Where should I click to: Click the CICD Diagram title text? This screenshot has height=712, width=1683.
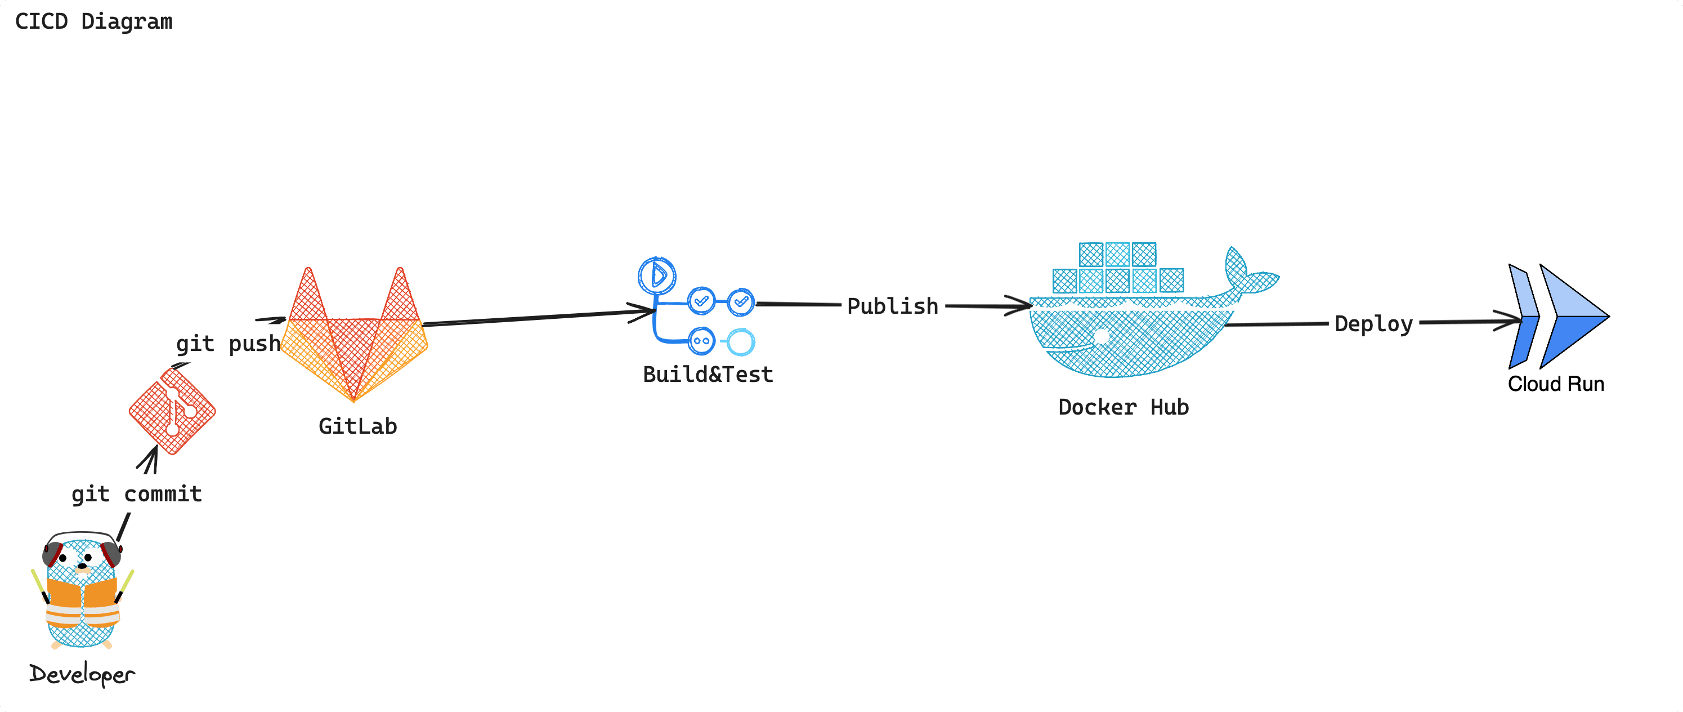(x=93, y=21)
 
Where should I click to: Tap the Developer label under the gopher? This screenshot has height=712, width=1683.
(x=82, y=674)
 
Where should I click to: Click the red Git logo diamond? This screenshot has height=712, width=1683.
(x=172, y=411)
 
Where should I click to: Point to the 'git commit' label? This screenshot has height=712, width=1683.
(x=137, y=493)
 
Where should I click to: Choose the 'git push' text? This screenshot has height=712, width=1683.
(x=227, y=343)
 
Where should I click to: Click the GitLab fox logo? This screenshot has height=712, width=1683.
(x=354, y=340)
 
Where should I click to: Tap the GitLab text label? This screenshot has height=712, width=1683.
(x=357, y=426)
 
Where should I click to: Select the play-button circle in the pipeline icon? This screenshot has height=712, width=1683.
(x=657, y=275)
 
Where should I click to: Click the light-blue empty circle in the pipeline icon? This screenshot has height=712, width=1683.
(x=741, y=341)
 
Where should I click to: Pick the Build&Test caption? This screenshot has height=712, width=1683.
(x=708, y=375)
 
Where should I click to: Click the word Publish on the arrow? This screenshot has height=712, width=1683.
(x=893, y=306)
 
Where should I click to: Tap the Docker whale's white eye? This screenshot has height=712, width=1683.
(x=1102, y=336)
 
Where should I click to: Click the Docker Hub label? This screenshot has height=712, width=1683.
(x=1123, y=407)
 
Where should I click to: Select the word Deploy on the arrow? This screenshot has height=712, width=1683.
(x=1373, y=324)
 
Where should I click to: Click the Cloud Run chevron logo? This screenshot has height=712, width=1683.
(x=1558, y=317)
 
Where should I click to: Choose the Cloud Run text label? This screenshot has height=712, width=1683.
(x=1556, y=384)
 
